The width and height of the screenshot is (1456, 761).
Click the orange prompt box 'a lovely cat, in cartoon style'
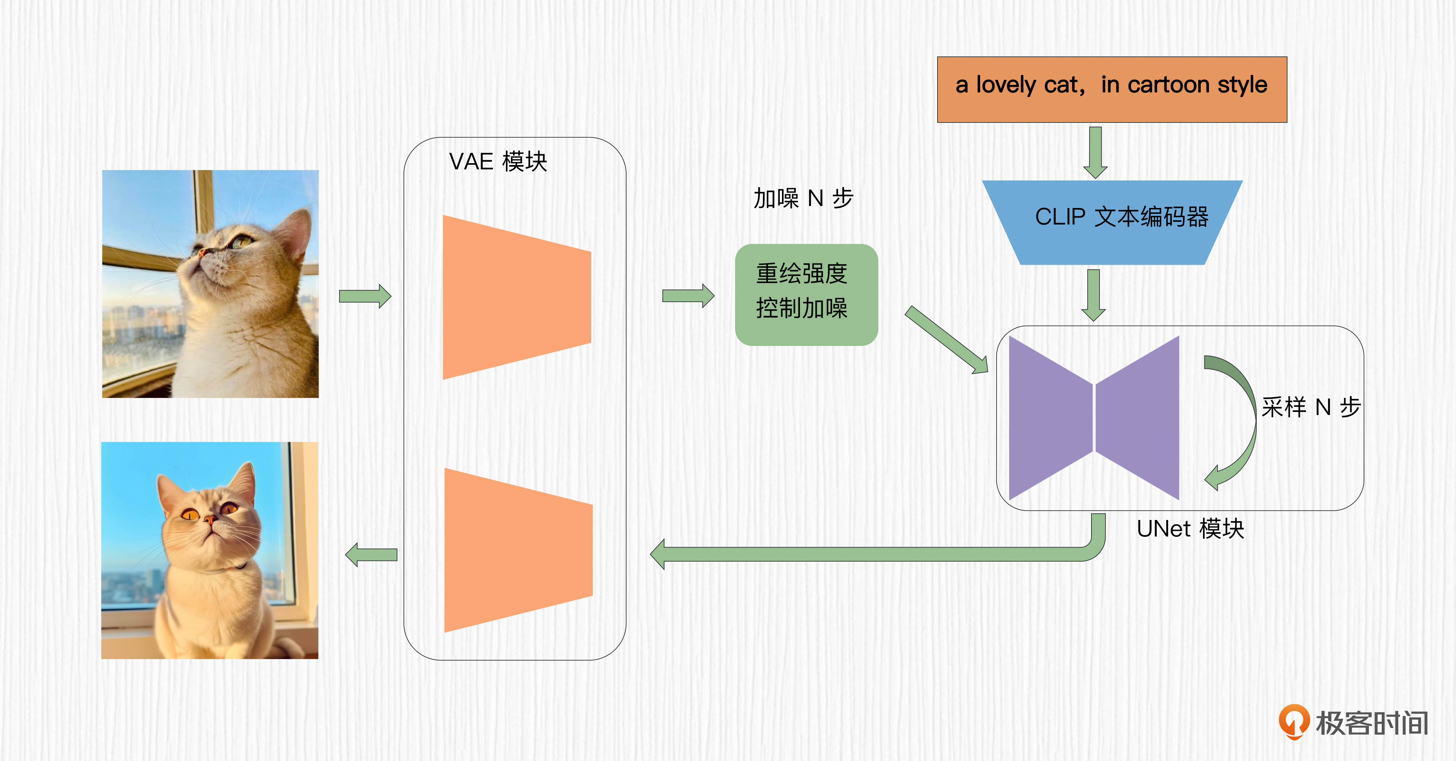[x=1112, y=89]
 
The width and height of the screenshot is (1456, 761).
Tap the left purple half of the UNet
[x=1049, y=418]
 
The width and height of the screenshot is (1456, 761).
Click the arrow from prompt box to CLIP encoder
[x=1095, y=152]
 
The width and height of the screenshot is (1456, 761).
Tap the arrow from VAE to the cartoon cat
[x=372, y=555]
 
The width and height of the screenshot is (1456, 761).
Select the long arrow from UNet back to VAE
[x=876, y=554]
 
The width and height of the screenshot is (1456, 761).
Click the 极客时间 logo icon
[x=1293, y=721]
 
